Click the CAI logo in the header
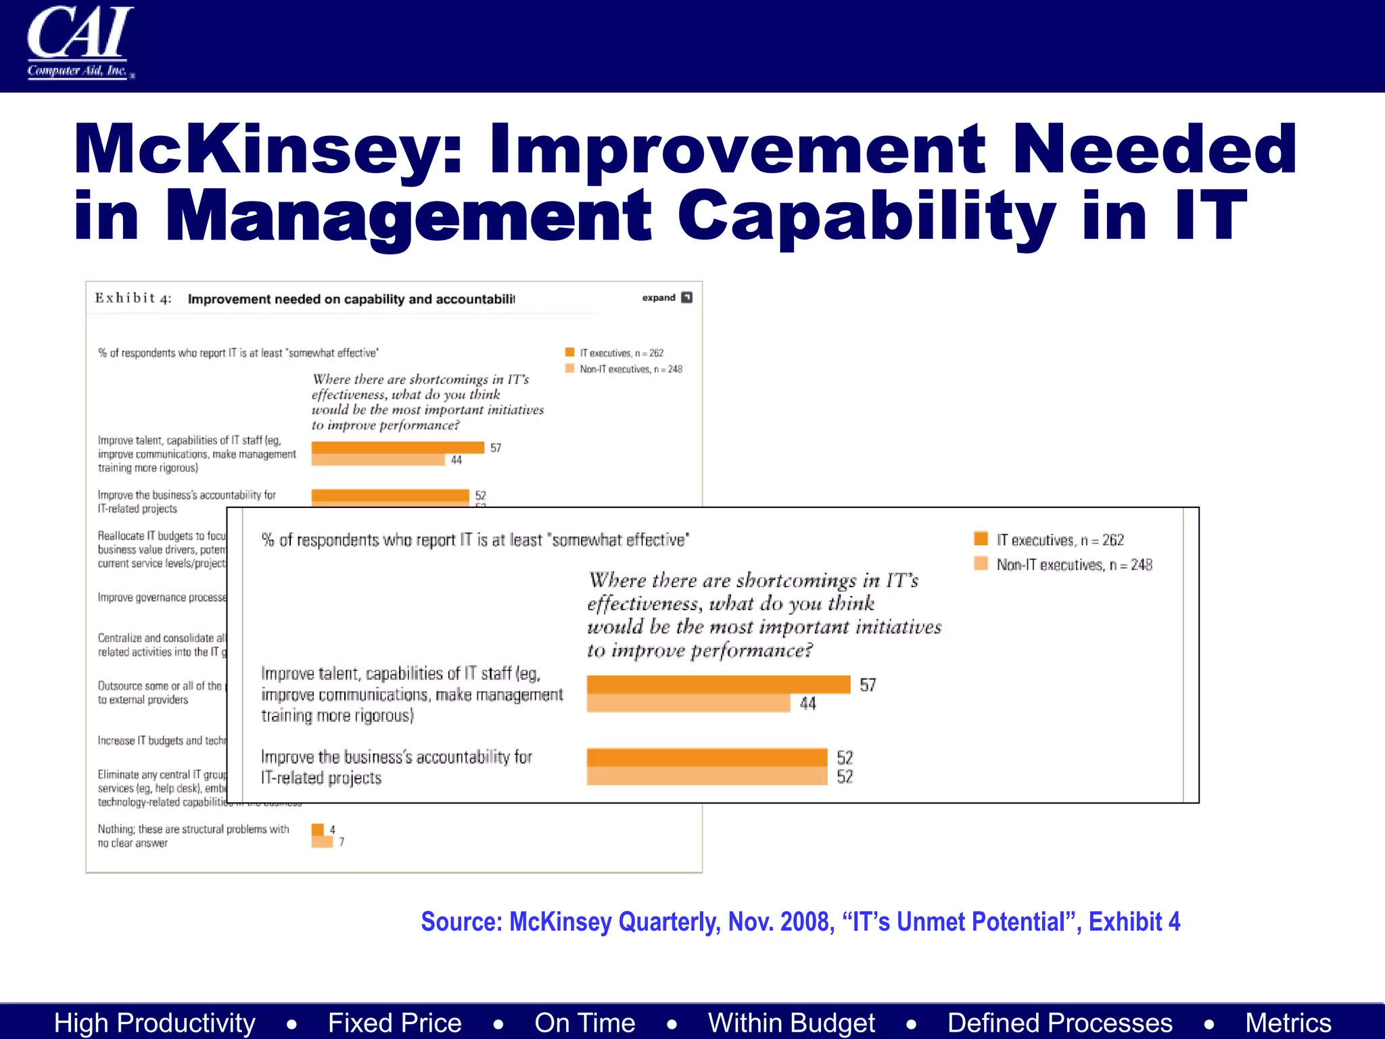80,42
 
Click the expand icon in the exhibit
686,298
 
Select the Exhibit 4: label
133,298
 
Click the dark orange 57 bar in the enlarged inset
718,685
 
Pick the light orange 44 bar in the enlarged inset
688,703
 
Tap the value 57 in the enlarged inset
868,685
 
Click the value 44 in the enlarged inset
807,704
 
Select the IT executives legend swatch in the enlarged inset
981,538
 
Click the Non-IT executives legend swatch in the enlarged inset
981,563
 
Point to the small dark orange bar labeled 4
317,829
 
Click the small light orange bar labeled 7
322,841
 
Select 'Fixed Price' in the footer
394,1023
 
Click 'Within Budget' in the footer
791,1023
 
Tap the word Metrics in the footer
1288,1023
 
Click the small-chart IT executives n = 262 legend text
621,353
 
